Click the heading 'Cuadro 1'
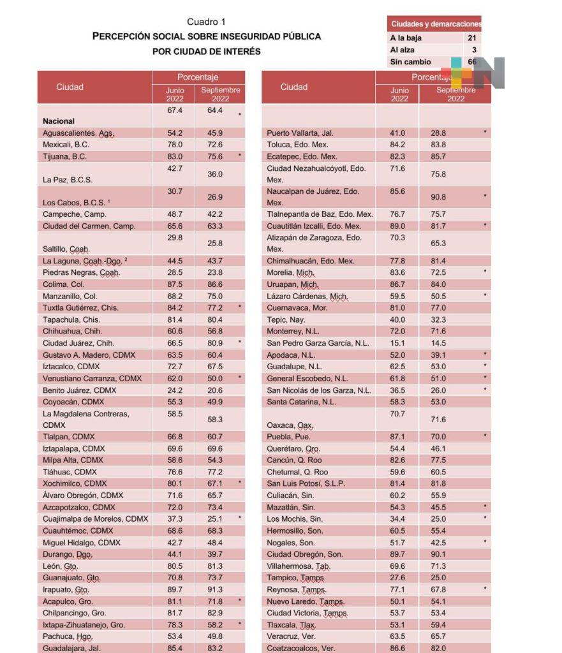(206, 22)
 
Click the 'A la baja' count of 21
(471, 38)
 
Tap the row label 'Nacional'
(59, 121)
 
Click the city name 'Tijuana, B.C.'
(65, 156)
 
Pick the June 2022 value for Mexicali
(174, 145)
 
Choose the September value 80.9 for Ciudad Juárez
(215, 343)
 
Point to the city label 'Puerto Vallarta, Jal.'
(300, 133)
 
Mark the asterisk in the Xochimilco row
(240, 483)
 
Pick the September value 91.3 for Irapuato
(215, 590)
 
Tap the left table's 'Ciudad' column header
(70, 87)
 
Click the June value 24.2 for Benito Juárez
(174, 390)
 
